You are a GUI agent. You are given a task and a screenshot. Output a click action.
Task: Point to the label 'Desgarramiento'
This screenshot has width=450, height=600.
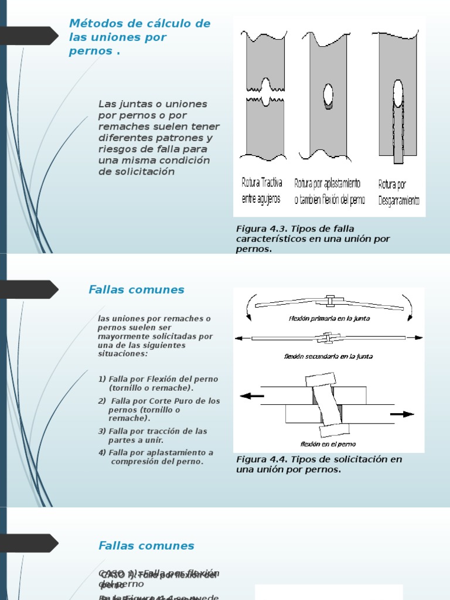[x=398, y=200]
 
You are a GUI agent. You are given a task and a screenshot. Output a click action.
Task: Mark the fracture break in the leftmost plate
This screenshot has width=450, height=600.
[x=266, y=94]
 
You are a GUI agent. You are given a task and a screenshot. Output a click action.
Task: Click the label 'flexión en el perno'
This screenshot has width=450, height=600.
[x=328, y=444]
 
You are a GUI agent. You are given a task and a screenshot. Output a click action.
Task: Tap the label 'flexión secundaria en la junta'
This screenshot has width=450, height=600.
[x=328, y=356]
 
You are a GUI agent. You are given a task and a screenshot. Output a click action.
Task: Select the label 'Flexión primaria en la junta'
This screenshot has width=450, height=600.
[x=329, y=319]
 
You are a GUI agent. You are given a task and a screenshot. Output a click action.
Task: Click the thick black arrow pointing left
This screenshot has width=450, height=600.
[x=252, y=396]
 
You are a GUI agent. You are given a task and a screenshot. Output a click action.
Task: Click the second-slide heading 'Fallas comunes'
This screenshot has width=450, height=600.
[x=137, y=289]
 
